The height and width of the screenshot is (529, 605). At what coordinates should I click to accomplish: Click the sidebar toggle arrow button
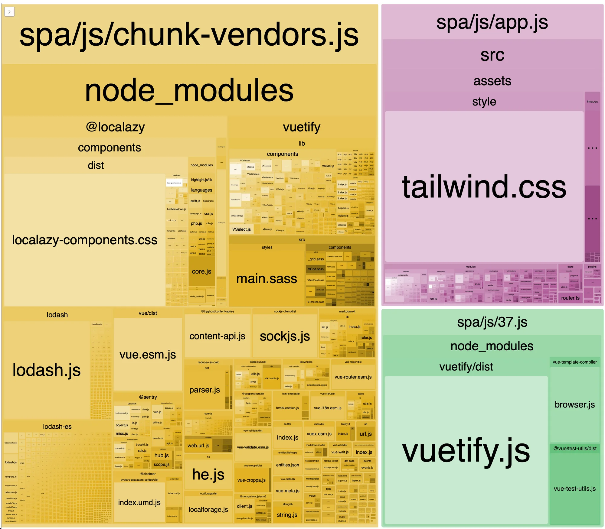9,12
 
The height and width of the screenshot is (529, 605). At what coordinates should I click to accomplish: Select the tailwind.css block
484,187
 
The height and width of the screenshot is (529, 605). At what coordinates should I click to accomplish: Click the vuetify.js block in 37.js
466,450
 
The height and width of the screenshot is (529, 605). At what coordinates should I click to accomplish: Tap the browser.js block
574,404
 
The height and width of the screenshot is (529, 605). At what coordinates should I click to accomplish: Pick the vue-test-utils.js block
574,488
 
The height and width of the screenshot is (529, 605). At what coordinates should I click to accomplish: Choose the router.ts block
570,298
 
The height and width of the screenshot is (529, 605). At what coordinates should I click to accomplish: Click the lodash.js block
47,370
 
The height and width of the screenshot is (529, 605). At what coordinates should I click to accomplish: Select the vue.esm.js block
148,354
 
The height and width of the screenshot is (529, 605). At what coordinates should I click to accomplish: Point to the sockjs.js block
285,336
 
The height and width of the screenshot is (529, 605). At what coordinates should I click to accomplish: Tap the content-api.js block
217,336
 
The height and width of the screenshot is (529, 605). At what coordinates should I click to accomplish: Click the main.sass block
267,278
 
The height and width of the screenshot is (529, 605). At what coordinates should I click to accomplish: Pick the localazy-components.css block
85,240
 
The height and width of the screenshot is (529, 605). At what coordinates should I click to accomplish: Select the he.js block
208,474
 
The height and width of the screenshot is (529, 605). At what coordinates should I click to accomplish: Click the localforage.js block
208,510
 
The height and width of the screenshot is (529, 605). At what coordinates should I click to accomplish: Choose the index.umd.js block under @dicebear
139,502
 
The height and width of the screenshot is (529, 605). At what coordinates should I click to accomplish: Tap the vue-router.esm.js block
353,377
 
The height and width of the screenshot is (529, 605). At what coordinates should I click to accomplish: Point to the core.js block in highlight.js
201,271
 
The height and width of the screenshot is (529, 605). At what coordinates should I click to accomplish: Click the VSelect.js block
241,229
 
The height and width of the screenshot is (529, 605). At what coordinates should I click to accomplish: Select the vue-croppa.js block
251,480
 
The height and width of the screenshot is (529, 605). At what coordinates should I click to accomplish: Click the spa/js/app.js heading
492,22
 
